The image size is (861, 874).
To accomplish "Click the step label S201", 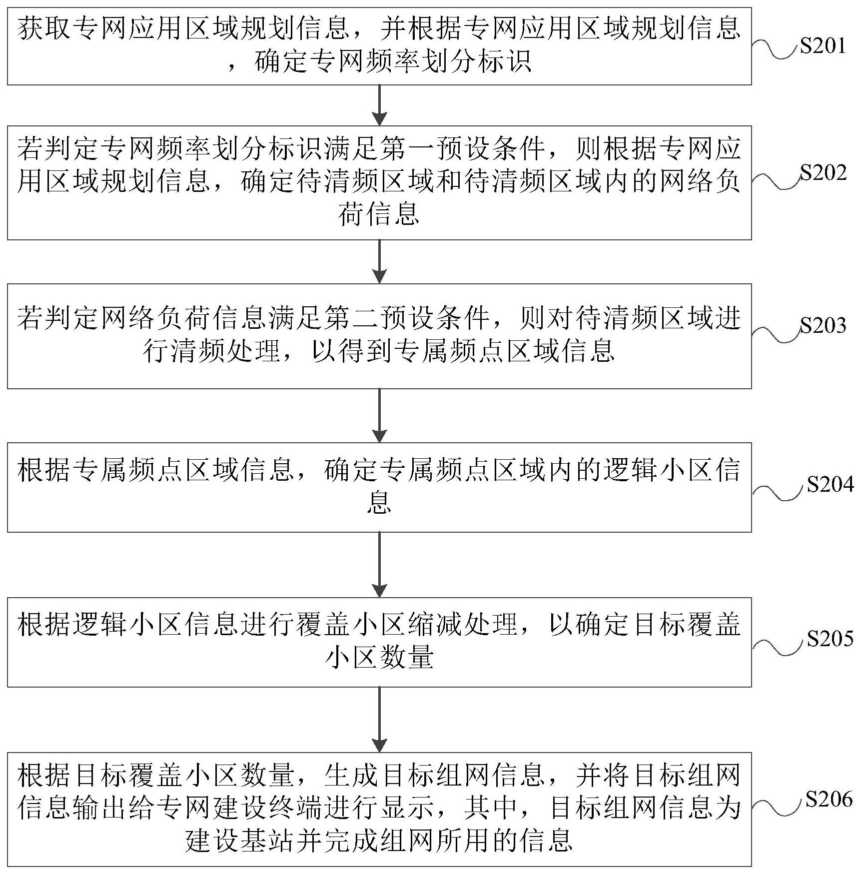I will pos(822,46).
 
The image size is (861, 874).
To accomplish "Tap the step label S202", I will pos(823,172).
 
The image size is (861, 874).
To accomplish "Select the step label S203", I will pos(823,325).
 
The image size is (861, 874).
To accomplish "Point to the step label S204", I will pos(830,484).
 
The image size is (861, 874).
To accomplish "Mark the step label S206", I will pos(829,800).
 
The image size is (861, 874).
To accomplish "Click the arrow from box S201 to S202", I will pos(380,105).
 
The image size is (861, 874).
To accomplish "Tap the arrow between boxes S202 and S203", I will pos(380,261).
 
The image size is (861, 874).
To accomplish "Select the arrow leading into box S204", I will pos(380,415).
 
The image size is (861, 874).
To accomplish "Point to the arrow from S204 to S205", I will pos(380,564).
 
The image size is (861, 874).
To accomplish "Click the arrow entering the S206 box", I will pos(380,720).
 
